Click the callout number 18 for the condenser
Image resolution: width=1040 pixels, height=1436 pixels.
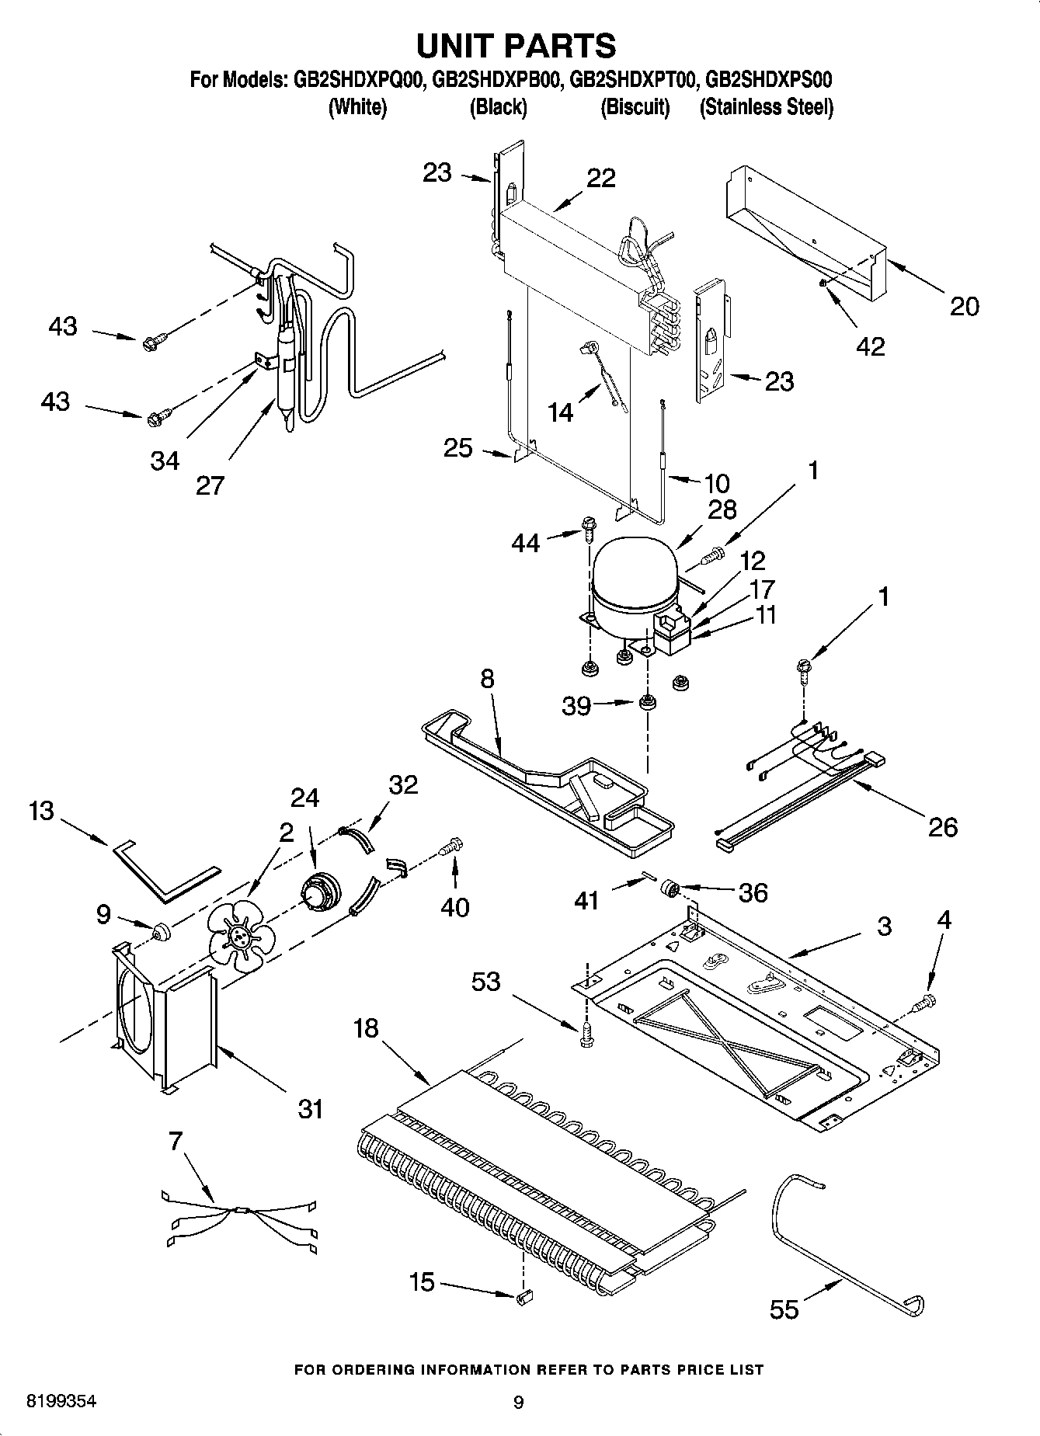(x=366, y=1028)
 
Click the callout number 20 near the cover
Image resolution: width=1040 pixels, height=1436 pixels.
(x=965, y=306)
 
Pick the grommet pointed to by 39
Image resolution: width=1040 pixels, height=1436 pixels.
(x=646, y=704)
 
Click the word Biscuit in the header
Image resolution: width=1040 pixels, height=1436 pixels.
(x=635, y=107)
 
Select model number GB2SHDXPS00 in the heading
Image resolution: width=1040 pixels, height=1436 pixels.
(x=769, y=79)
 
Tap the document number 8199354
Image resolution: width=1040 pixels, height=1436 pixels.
(x=61, y=1402)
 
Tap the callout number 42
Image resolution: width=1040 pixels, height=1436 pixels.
(x=870, y=346)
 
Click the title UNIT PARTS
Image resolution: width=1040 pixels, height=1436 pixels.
(x=517, y=46)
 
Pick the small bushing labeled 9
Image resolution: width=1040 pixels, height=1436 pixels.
(x=161, y=930)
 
